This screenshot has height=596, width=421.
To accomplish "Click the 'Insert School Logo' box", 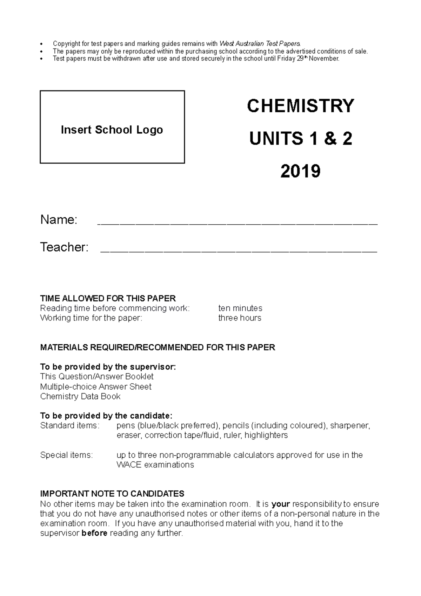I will pos(112,127).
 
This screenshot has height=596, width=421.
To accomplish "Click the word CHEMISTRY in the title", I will pos(301,106).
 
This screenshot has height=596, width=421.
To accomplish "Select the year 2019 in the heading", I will pos(301,171).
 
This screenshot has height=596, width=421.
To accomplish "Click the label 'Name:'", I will pos(59,220).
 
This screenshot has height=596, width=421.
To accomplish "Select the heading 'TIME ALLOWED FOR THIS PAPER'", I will pos(108,298).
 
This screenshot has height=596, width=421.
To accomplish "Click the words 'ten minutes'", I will pos(240,308).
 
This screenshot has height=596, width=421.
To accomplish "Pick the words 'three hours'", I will pos(240,318).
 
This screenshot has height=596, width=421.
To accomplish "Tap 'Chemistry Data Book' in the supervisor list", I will pos(80,397).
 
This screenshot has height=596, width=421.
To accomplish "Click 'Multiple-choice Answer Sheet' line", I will pos(96,387).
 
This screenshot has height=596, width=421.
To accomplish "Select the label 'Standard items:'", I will pos(70,426).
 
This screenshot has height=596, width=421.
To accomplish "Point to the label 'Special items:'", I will pos(66,455).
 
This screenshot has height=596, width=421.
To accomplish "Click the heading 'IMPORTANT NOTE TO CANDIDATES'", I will pos(112,494).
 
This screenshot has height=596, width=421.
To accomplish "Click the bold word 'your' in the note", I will pos(281,504).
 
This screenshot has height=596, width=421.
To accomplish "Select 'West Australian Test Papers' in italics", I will pos(260,44).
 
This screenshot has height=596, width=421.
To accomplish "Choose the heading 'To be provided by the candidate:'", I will pos(106,416).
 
